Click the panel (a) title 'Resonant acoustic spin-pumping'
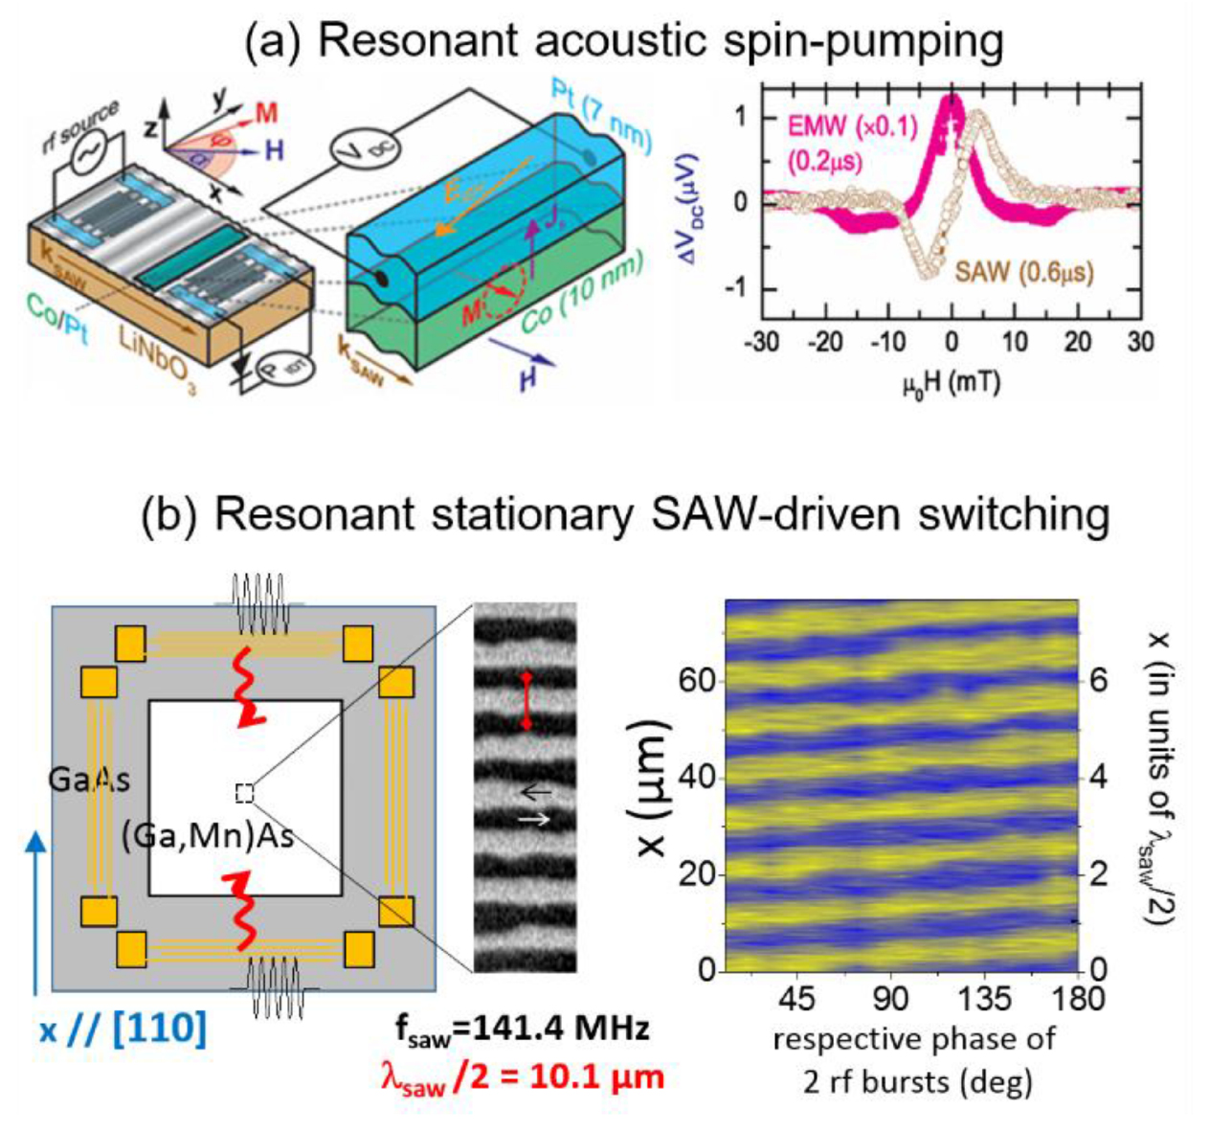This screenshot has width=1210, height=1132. tap(623, 41)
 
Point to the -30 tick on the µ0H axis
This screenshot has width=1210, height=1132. tap(763, 341)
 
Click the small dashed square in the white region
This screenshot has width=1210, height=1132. tap(245, 793)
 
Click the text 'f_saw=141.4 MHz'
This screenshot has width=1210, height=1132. tap(523, 1029)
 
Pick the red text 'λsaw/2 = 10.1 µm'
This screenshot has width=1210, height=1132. tap(523, 1076)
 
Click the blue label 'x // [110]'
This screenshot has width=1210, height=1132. tap(123, 1030)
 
